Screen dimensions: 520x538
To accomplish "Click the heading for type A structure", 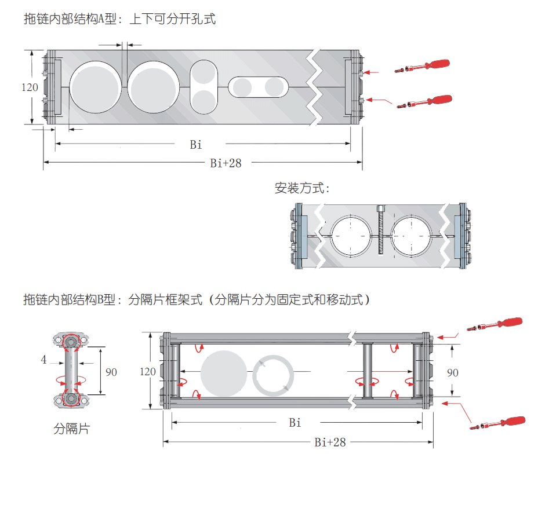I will coord(119,19).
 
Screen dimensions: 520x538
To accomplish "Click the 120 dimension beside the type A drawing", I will coord(30,87).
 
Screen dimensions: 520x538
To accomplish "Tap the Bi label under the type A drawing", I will coord(196,145).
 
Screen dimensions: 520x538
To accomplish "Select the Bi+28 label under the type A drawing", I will coord(226,163).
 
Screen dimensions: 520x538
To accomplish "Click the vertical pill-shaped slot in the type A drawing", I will coord(204,87).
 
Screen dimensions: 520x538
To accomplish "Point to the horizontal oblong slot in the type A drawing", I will coord(258,87).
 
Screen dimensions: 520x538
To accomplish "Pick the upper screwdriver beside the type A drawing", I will coord(423,66).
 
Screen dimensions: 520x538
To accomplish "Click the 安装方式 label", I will coord(302,188).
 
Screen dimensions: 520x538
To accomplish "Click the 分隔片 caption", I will coord(72,429).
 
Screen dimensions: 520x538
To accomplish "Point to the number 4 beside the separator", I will coord(43,360).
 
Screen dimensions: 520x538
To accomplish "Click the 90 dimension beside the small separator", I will coord(111,372).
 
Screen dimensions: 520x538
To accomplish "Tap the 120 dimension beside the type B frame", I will coord(148,371).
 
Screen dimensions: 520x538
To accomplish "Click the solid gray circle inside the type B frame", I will coord(224,373).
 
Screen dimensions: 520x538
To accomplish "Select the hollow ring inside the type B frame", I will coord(273,374).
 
